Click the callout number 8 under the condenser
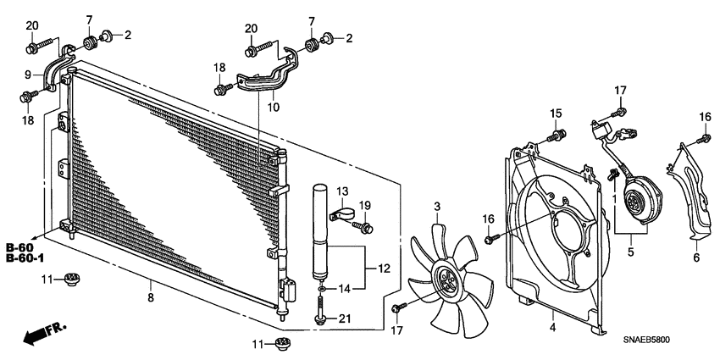click(x=151, y=298)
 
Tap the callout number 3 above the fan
click(x=437, y=207)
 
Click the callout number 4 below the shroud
click(x=552, y=326)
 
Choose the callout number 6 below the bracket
click(x=696, y=258)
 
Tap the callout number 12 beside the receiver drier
click(x=383, y=269)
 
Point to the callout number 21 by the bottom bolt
click(x=344, y=318)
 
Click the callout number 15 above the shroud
click(x=556, y=114)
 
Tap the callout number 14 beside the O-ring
click(x=344, y=289)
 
